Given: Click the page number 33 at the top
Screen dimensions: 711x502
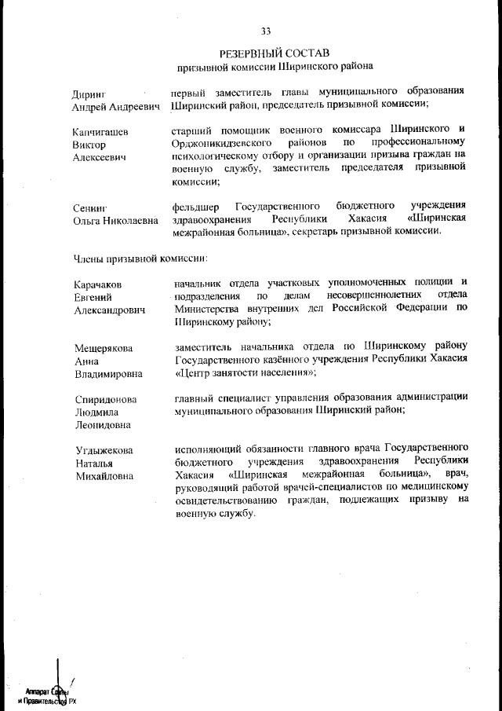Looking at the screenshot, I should pos(265,31).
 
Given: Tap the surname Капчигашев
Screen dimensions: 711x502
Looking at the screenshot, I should pos(101,130).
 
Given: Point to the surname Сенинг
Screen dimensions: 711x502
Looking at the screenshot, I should pos(89,207).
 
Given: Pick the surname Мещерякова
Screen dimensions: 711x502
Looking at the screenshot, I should pos(104,348).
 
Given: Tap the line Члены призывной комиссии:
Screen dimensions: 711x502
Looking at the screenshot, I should pos(140,257).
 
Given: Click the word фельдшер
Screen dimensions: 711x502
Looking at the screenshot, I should pos(195,205).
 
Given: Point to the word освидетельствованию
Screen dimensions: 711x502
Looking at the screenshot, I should pos(226,500).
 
